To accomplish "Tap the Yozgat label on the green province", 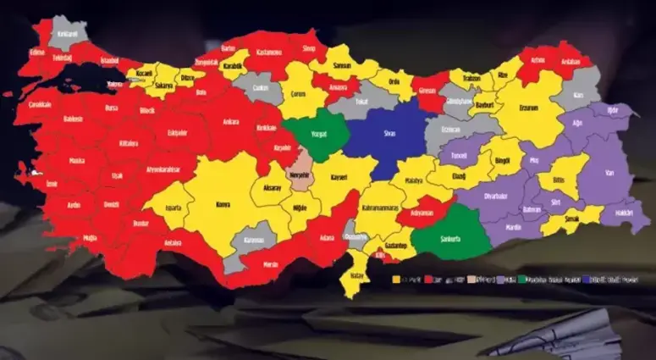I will pyautogui.click(x=318, y=134).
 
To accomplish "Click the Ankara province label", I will pyautogui.click(x=229, y=120).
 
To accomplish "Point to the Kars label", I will pyautogui.click(x=581, y=96).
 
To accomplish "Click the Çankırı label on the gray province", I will pyautogui.click(x=261, y=87).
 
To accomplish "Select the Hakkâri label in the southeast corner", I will pyautogui.click(x=625, y=213).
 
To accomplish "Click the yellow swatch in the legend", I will pyautogui.click(x=395, y=278).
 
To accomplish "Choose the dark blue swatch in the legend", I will pyautogui.click(x=583, y=278).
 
